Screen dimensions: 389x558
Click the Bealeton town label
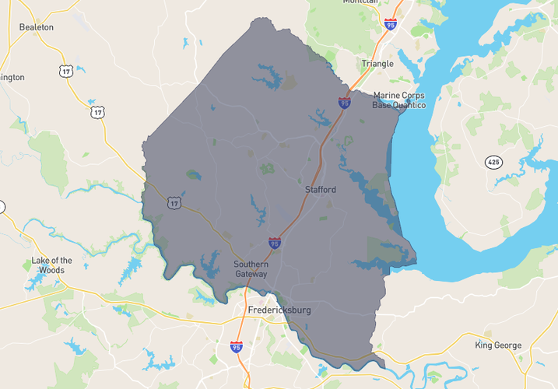click(37, 26)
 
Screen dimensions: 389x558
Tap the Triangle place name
click(377, 63)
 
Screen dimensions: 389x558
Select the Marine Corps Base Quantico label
click(399, 100)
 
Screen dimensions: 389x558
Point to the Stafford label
click(320, 189)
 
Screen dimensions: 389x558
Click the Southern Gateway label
click(251, 269)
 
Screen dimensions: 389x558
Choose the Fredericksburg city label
click(279, 310)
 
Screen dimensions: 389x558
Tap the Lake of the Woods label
click(52, 265)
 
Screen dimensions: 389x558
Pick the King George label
click(498, 345)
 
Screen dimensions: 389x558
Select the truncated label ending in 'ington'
click(12, 77)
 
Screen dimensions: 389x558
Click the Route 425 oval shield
click(493, 162)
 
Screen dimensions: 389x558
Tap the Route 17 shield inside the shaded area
click(173, 202)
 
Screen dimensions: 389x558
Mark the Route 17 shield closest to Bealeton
click(65, 71)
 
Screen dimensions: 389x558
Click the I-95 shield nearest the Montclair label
click(390, 25)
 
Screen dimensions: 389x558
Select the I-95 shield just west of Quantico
click(344, 102)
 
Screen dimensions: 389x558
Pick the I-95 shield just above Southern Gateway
click(275, 244)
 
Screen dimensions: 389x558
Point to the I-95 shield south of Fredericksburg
click(236, 346)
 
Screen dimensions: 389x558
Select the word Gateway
click(251, 274)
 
